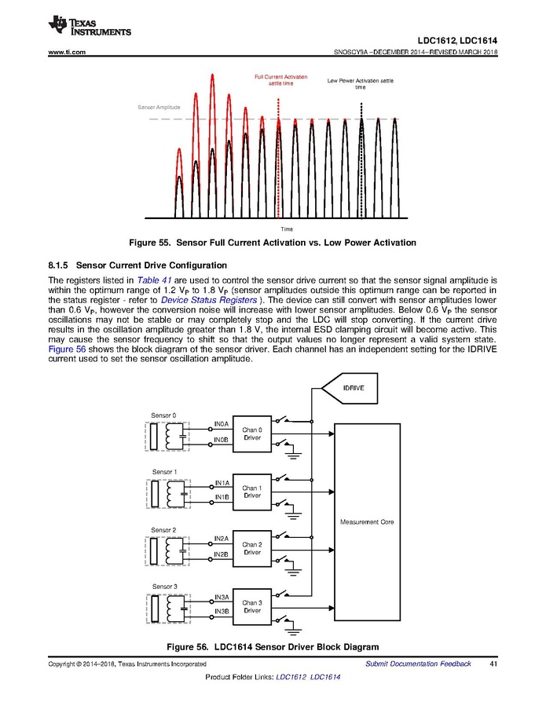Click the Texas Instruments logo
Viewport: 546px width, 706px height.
[x=89, y=25]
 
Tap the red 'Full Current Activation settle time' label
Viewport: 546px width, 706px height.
[x=280, y=80]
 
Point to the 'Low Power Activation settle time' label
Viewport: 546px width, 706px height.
[x=360, y=83]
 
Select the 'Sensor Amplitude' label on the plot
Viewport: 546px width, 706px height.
[x=159, y=107]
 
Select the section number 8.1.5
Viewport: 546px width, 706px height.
[x=60, y=265]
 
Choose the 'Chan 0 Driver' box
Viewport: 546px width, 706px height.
[x=251, y=433]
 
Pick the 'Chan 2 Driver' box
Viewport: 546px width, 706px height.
[x=251, y=548]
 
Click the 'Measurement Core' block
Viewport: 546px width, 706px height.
[x=367, y=522]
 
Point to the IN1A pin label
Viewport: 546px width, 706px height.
[x=222, y=483]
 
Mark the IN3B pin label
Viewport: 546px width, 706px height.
[x=222, y=611]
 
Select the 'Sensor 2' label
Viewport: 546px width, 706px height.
[x=163, y=530]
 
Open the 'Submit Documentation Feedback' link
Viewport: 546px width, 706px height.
[x=418, y=664]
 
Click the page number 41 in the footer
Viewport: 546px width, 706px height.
[x=493, y=664]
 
